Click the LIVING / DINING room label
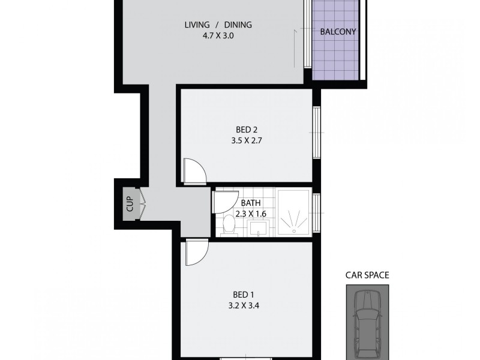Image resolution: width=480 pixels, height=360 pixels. tap(217, 25)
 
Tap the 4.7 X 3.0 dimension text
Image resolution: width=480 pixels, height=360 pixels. tap(217, 35)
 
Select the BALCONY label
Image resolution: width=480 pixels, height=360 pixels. tap(338, 32)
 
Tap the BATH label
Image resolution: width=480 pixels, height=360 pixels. tap(251, 203)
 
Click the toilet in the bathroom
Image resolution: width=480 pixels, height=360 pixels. tap(229, 226)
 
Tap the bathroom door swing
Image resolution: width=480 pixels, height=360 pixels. tap(224, 200)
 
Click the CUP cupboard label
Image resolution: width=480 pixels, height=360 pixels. tap(130, 205)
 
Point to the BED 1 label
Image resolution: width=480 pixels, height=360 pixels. tap(244, 295)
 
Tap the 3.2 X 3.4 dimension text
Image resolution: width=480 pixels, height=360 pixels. tap(244, 305)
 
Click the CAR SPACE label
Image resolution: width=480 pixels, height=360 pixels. tap(367, 276)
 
